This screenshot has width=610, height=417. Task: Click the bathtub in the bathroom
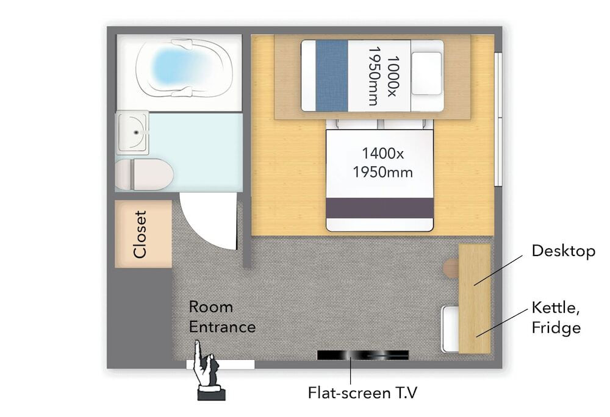coord(184,68)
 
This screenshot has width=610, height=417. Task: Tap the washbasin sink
coord(132,132)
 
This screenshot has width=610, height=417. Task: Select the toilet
coord(144,174)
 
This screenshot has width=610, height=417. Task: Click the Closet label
coord(140,234)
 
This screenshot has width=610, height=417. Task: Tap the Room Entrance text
coord(222,317)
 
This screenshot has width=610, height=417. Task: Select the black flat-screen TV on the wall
coord(362,355)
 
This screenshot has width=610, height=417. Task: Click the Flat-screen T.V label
coord(362,393)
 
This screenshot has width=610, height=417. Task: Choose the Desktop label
coord(563,251)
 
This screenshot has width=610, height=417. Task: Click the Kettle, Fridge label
coord(556,318)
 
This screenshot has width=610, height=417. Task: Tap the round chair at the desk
coord(451,268)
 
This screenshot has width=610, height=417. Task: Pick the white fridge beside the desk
coord(450,329)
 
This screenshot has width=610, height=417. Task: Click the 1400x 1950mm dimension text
coord(383,163)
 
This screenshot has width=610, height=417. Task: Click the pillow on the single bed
coord(427,73)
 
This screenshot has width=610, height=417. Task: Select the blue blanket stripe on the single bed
coord(332,76)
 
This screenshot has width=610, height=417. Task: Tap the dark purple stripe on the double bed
coord(379,208)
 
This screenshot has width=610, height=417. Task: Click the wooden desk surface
coord(475,299)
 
